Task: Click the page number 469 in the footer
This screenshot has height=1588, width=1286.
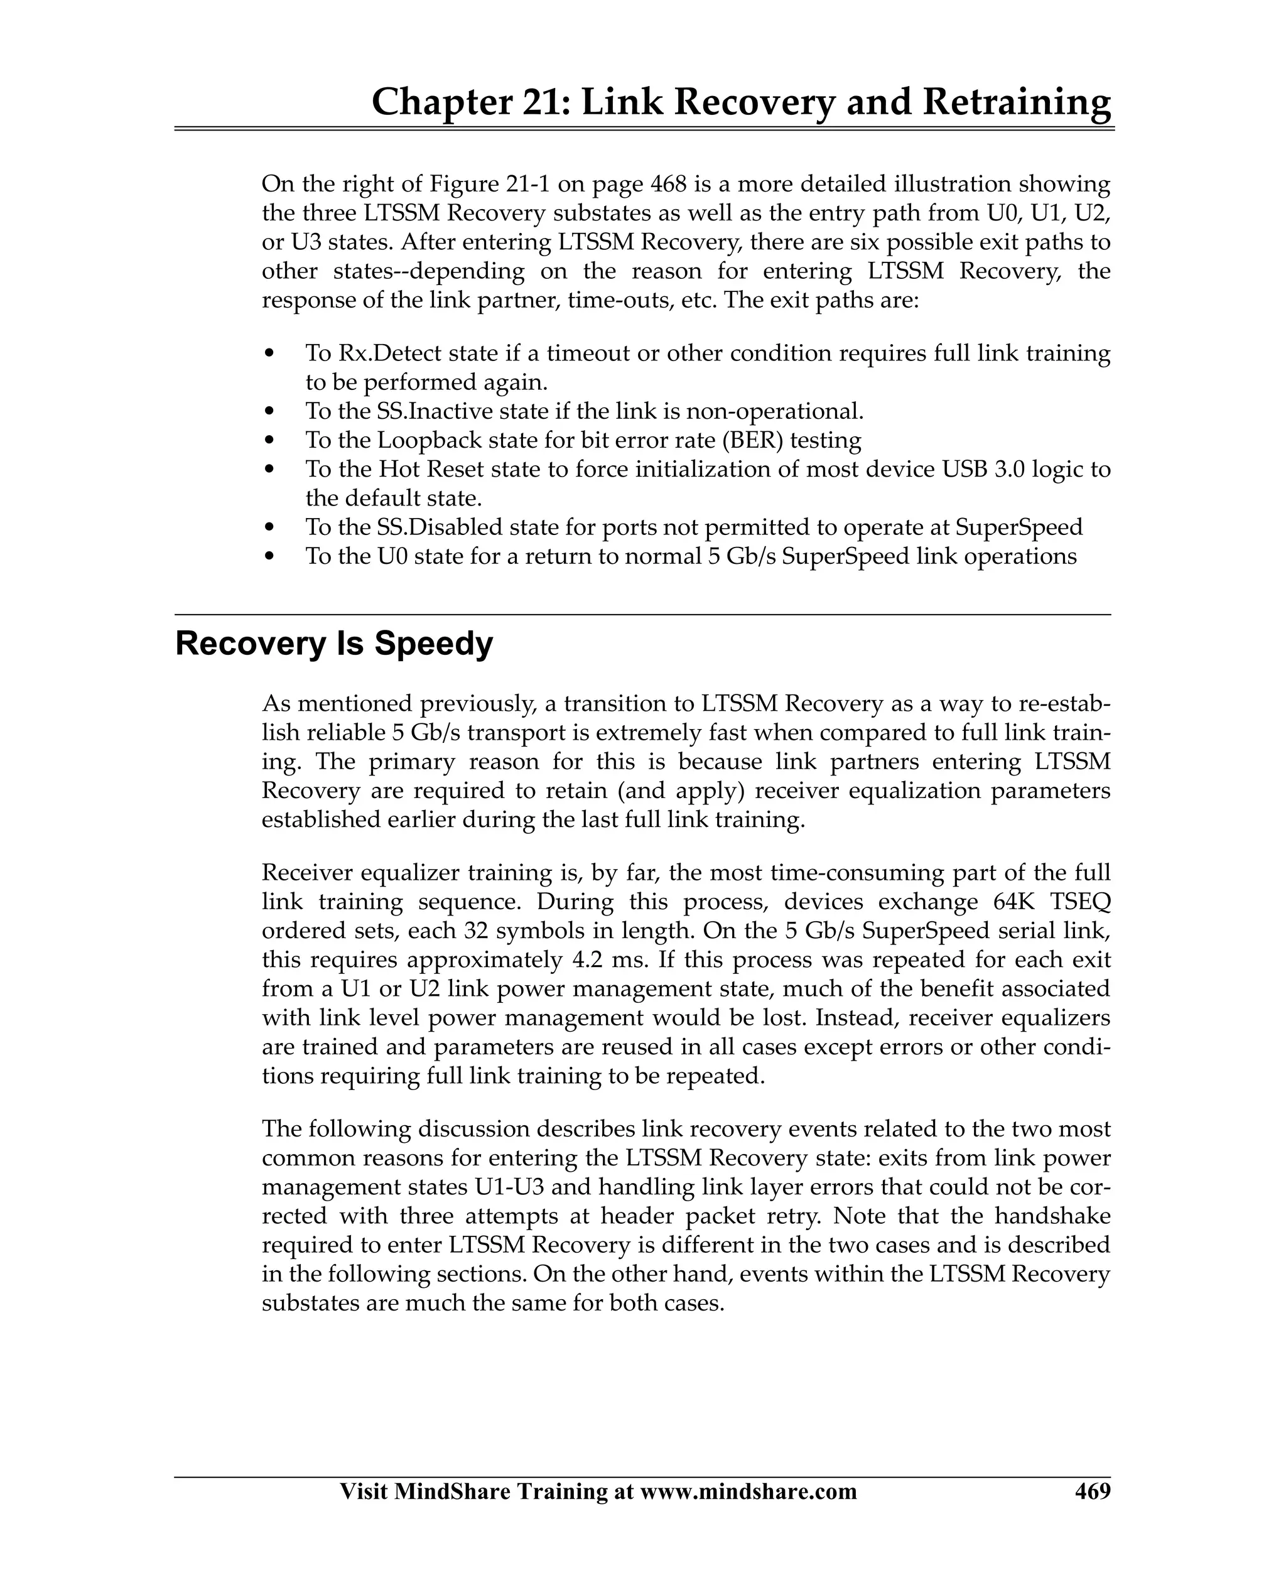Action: click(1093, 1491)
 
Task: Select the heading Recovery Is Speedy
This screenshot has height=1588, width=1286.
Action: click(333, 644)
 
